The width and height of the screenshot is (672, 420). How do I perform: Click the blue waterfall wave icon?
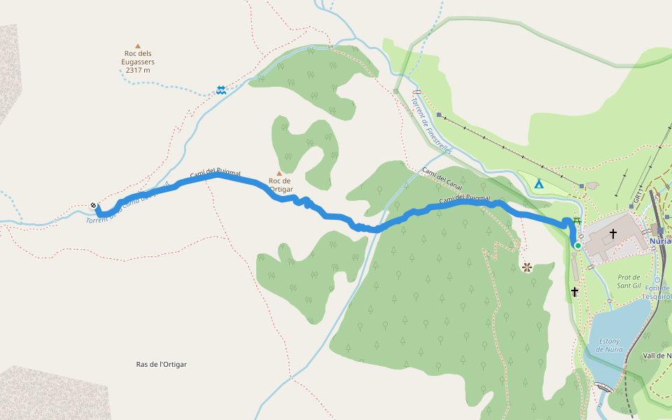pyautogui.click(x=221, y=90)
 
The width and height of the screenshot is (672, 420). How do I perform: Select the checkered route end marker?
pyautogui.click(x=94, y=206)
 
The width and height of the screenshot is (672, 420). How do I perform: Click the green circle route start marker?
pyautogui.click(x=578, y=246)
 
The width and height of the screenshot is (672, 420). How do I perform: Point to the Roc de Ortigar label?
pyautogui.click(x=281, y=185)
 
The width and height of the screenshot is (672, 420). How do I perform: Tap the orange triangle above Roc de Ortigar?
pyautogui.click(x=280, y=173)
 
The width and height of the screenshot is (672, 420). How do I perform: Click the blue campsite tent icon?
pyautogui.click(x=539, y=185)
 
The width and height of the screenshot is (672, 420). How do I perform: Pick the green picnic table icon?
pyautogui.click(x=577, y=221)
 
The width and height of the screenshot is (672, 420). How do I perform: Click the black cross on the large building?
pyautogui.click(x=613, y=234)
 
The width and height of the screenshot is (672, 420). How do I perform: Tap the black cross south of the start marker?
pyautogui.click(x=575, y=291)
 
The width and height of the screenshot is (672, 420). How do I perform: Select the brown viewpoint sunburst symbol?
pyautogui.click(x=526, y=267)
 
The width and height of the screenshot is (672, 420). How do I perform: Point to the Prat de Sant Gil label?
pyautogui.click(x=629, y=281)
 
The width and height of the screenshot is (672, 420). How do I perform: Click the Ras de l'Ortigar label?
pyautogui.click(x=162, y=364)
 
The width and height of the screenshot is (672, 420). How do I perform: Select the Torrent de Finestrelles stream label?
pyautogui.click(x=432, y=125)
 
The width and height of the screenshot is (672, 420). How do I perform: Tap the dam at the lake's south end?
pyautogui.click(x=601, y=386)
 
